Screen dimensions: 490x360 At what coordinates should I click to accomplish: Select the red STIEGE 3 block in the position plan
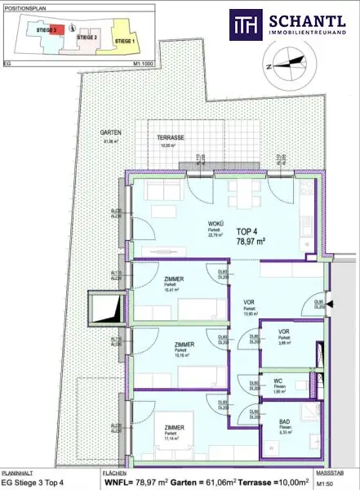coord(47,29)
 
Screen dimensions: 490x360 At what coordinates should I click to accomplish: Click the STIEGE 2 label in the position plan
coord(87,38)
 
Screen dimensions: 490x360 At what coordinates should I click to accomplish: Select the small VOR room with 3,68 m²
coord(283,332)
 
